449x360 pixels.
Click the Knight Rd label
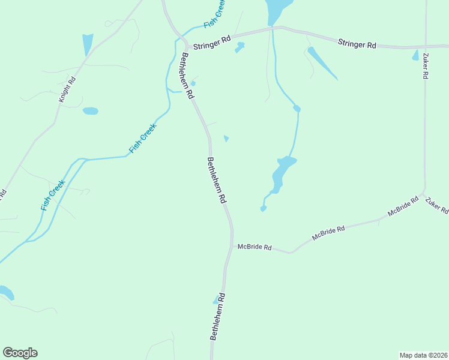67,89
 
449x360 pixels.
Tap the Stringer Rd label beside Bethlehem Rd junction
217,40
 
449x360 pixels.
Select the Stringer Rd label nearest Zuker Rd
357,44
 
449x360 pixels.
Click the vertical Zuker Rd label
425,67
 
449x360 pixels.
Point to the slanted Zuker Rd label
436,205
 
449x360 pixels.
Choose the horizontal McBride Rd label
255,247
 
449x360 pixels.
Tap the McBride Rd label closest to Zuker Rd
403,206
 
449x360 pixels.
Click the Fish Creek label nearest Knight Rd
142,138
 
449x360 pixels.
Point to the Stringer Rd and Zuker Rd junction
426,46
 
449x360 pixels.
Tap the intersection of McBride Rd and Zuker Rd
424,194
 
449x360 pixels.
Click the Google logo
20,353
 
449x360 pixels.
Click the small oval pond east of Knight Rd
90,111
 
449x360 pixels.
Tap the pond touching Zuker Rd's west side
415,55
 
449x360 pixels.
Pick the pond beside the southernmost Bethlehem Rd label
216,300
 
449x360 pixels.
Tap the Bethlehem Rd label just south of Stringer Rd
186,76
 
